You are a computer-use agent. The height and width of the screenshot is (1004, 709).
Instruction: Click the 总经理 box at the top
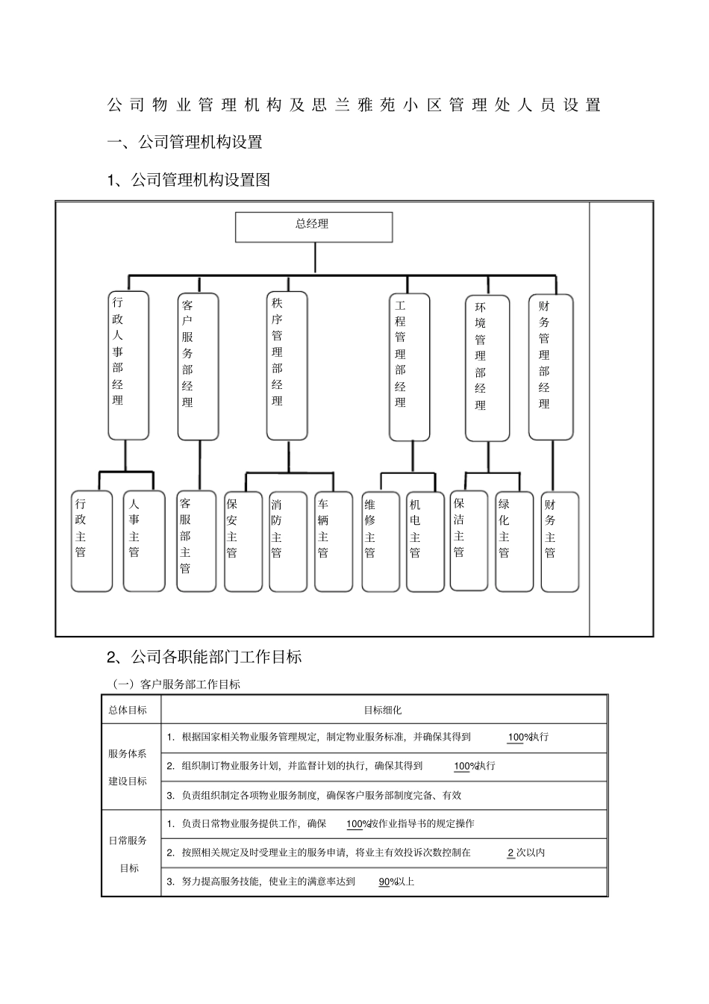click(313, 227)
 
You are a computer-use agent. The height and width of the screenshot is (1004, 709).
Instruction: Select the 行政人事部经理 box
click(128, 365)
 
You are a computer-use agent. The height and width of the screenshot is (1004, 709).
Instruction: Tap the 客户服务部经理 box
click(198, 366)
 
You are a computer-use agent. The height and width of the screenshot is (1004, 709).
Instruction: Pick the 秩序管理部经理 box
click(287, 365)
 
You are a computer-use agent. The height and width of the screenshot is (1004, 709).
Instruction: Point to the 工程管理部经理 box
click(409, 367)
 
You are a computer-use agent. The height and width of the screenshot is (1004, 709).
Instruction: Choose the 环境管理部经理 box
click(487, 368)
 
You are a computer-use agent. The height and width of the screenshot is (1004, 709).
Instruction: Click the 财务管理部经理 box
click(551, 367)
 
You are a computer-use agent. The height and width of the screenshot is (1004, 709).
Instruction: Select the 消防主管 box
click(287, 541)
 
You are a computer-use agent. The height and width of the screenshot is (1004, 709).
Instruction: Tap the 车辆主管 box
click(332, 541)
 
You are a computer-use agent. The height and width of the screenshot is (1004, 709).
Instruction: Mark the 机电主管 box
click(425, 541)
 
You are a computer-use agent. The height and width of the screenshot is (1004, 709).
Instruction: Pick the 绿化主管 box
click(514, 541)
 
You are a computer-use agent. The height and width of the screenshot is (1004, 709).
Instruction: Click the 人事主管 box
click(143, 541)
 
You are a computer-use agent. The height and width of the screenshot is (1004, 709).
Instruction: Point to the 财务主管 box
click(559, 541)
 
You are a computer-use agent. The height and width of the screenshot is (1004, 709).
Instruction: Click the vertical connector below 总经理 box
click(315, 258)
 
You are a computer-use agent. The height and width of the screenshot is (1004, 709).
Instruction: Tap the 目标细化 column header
click(383, 710)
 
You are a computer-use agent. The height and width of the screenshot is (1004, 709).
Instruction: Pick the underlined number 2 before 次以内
click(510, 852)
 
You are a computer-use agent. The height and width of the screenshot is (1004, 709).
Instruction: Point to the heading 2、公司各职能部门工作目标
click(204, 657)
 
